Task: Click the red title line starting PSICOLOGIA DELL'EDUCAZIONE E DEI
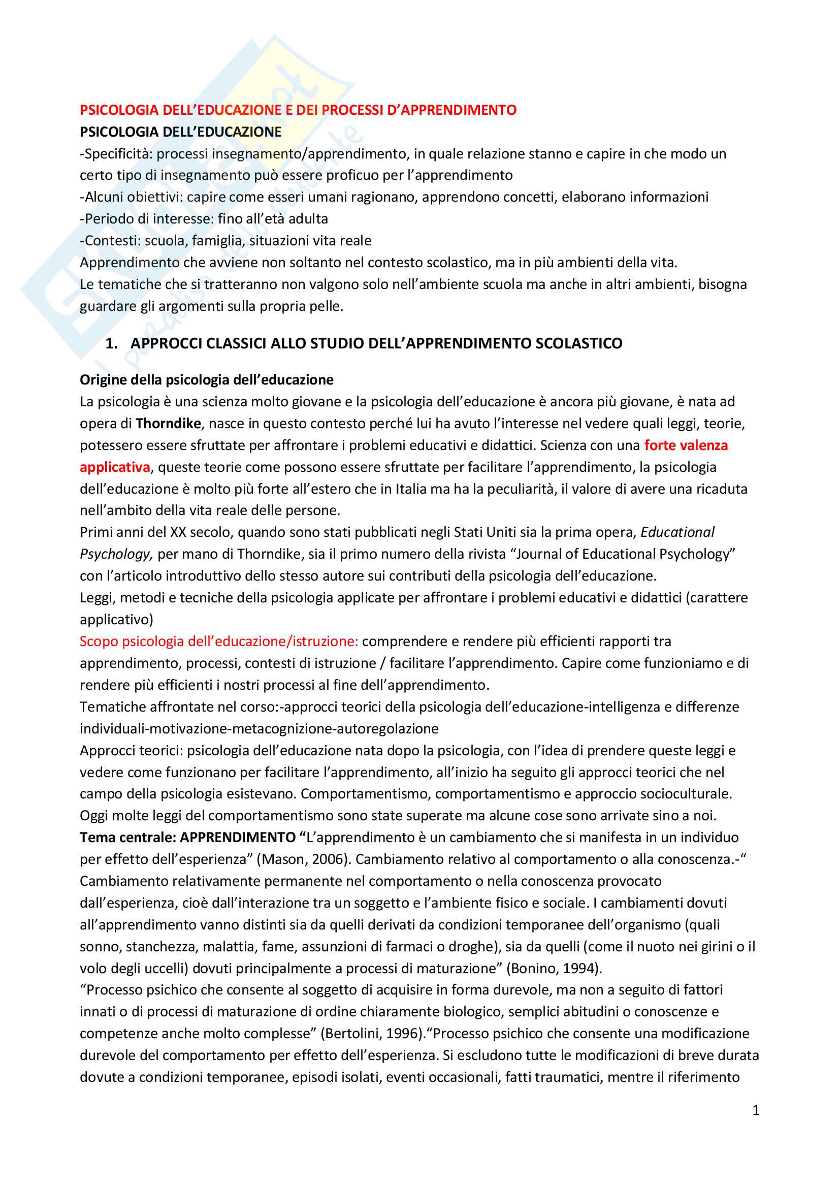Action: pyautogui.click(x=298, y=110)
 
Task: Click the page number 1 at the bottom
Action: pyautogui.click(x=756, y=1110)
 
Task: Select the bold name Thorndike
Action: pyautogui.click(x=168, y=424)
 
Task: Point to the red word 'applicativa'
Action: pyautogui.click(x=115, y=467)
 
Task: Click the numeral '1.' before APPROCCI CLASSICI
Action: pyautogui.click(x=111, y=343)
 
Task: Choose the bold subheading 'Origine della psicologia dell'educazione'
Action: pyautogui.click(x=206, y=380)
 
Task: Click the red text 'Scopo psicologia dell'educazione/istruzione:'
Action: pyautogui.click(x=219, y=641)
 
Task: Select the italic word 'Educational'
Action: pyautogui.click(x=677, y=532)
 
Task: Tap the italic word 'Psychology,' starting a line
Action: pyautogui.click(x=116, y=554)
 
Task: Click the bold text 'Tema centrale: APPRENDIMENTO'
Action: pyautogui.click(x=188, y=838)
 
